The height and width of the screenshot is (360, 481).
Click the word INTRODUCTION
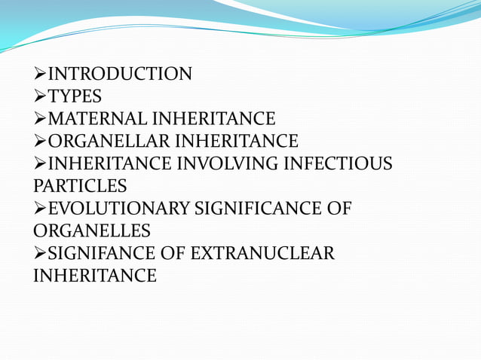[120, 74]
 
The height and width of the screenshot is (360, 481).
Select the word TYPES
[75, 96]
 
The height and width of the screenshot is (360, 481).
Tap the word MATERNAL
[97, 119]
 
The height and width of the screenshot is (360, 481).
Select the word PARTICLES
[80, 185]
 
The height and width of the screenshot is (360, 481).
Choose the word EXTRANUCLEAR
[262, 253]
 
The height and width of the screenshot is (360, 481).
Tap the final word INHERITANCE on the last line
[95, 275]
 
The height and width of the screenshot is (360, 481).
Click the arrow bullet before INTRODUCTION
[40, 74]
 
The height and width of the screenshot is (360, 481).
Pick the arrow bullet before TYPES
[40, 96]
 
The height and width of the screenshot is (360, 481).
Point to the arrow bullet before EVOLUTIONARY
[40, 208]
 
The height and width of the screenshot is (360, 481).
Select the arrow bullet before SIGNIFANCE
[40, 253]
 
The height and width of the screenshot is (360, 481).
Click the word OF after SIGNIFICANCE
[340, 208]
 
